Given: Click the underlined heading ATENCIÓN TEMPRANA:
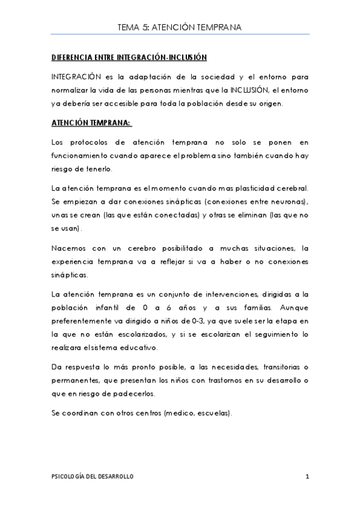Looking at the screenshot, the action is click(91, 123).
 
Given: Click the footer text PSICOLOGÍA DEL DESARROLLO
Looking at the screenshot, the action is click(93, 477).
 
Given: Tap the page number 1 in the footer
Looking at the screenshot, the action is click(307, 477).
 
